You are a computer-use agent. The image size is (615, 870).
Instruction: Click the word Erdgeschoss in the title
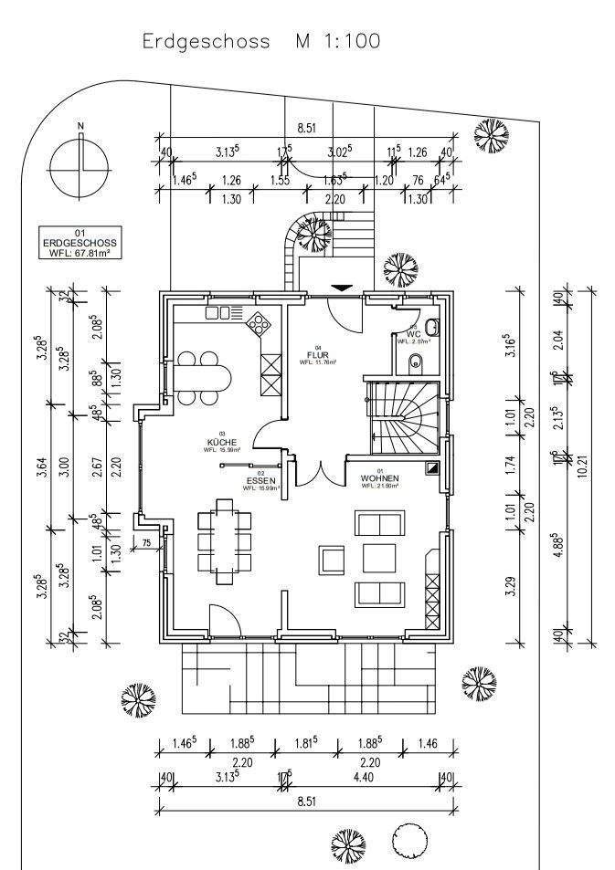point(207,41)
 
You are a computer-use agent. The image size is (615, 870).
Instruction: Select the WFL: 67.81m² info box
point(80,244)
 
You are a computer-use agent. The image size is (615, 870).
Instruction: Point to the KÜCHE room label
point(221,443)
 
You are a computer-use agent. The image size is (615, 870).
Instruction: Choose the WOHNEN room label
point(378,478)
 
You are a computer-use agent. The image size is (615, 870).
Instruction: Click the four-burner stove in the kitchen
point(260,322)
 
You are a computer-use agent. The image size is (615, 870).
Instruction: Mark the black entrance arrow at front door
point(341,288)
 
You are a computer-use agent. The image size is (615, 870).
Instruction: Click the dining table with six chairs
point(223,540)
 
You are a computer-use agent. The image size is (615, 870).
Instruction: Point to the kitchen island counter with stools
point(204,376)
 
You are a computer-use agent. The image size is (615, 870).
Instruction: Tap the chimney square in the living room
point(433,467)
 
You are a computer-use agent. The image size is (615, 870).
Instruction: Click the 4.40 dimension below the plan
point(364,778)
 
